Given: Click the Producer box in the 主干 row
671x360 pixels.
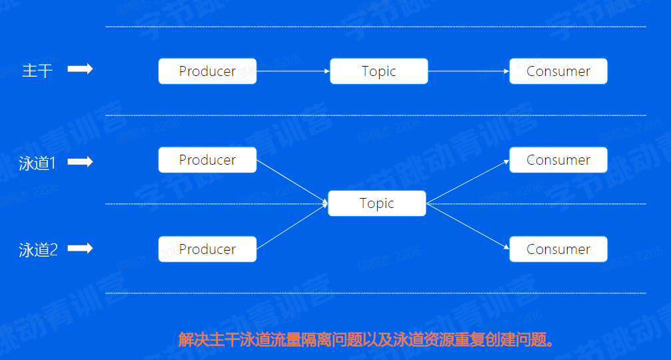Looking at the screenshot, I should point(207,71).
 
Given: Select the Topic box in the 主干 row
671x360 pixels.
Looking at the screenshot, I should point(378,71).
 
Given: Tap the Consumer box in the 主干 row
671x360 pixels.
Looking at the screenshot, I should point(558,71).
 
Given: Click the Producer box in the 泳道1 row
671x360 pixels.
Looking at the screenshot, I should point(207,160).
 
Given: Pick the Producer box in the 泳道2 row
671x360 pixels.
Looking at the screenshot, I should point(207,249).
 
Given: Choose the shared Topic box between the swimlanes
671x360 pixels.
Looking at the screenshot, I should point(376,203).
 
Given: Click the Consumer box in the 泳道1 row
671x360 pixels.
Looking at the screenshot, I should point(558,160).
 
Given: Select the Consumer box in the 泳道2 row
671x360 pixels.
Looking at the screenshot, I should point(558,249).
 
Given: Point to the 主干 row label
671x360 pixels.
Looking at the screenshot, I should point(37,70).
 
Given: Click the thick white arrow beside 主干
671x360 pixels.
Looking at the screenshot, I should point(80,69).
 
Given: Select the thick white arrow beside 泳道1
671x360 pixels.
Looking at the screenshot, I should point(80,161).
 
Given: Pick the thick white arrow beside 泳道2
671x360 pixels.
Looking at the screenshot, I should point(80,248).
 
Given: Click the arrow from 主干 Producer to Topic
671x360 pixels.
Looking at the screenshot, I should point(293,71).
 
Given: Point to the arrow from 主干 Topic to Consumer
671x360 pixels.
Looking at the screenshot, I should point(468,71).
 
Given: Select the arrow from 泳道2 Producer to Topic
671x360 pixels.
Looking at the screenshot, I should point(292,227).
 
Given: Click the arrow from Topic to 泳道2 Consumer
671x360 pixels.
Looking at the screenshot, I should point(468,226).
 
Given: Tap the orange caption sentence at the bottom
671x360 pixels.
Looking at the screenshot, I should point(366,340).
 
